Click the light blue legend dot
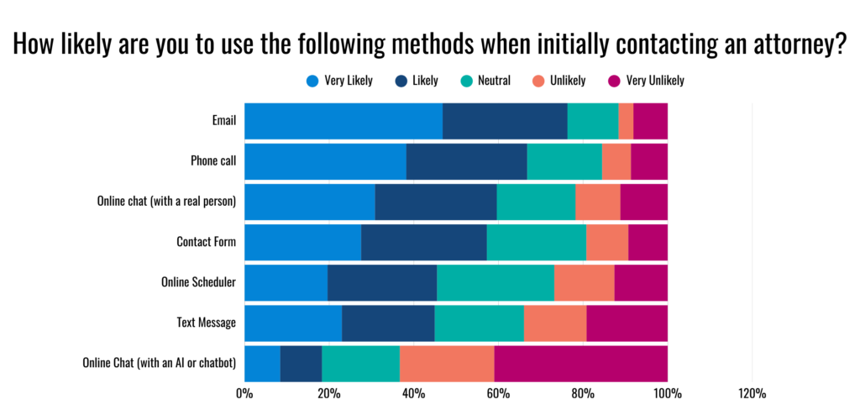click(312, 81)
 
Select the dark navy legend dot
click(401, 81)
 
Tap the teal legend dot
click(467, 81)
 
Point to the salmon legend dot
click(538, 81)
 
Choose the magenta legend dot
click(614, 81)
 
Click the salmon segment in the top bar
click(626, 121)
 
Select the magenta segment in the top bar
click(651, 121)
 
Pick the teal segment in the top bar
click(593, 121)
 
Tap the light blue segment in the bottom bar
click(261, 364)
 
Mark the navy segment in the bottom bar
click(301, 364)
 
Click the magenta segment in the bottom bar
click(581, 364)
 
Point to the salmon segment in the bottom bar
click(447, 364)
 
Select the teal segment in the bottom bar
click(360, 364)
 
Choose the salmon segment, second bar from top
click(616, 161)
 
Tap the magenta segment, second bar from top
click(649, 161)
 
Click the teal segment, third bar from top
click(536, 202)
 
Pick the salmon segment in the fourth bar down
click(607, 242)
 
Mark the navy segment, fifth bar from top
click(382, 282)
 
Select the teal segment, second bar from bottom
click(479, 323)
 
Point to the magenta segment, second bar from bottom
click(627, 323)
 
